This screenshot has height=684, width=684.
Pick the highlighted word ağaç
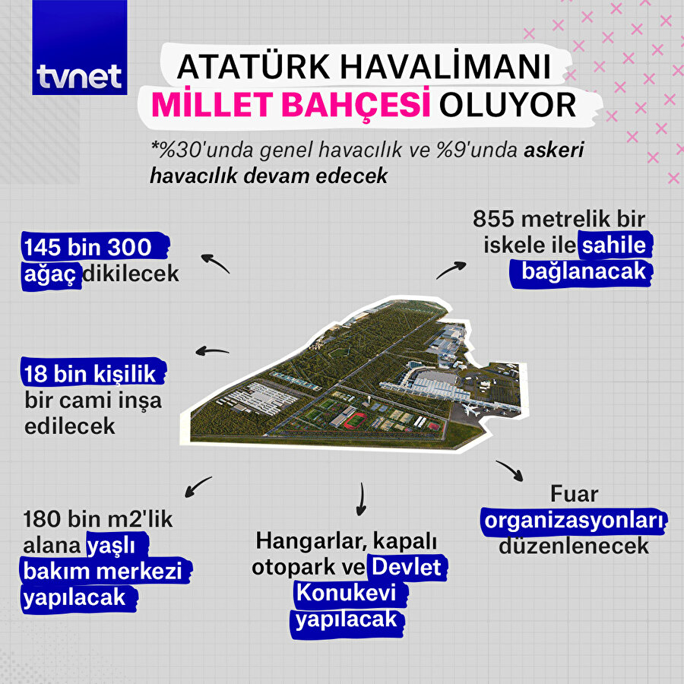click(x=51, y=273)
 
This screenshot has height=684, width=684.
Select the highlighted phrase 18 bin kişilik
click(x=89, y=373)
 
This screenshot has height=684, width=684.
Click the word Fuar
click(x=575, y=494)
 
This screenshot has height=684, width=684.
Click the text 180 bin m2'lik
click(x=99, y=521)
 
